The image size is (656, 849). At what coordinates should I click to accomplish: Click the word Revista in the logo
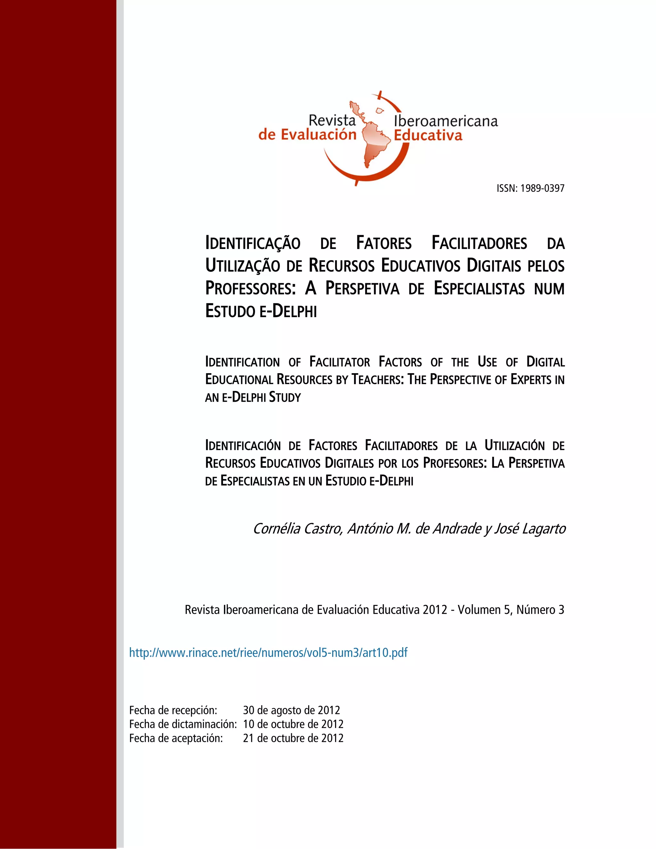point(332,120)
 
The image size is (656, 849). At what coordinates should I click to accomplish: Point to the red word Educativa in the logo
point(428,136)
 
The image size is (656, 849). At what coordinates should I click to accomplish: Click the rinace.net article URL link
point(268,652)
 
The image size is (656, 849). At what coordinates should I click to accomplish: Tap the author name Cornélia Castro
point(297,529)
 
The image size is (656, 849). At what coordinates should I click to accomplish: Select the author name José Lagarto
point(530,529)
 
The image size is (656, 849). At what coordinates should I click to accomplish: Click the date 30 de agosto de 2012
point(291,710)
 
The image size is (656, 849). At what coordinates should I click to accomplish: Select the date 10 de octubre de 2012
point(293,724)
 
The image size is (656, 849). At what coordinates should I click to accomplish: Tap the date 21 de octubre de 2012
point(293,738)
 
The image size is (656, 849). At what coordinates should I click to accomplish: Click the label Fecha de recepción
point(173,710)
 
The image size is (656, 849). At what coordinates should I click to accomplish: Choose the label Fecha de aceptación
point(176,738)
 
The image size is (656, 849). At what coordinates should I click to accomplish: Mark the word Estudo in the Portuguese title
point(229,311)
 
